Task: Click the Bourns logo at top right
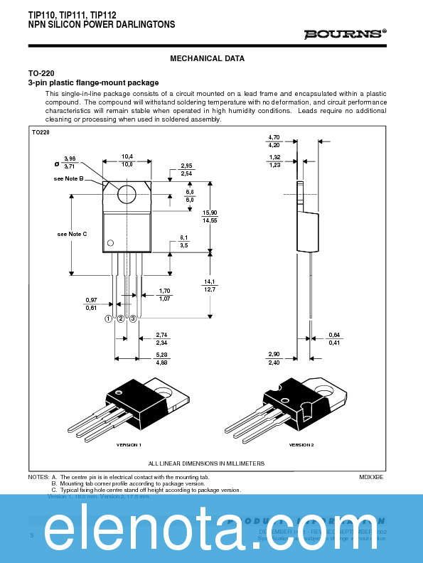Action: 345,33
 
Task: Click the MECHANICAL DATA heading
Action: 207,58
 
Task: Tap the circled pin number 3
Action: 133,318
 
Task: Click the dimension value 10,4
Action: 127,156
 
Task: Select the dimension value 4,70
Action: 274,136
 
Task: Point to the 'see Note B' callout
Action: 69,178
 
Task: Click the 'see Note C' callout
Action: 72,234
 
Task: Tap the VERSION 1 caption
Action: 129,445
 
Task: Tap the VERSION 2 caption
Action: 301,445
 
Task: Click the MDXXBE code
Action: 371,477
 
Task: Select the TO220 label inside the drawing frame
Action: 41,133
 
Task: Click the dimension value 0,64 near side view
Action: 333,335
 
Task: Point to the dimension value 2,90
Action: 274,353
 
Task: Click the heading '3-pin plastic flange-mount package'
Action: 93,83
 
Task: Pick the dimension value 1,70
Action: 165,291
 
